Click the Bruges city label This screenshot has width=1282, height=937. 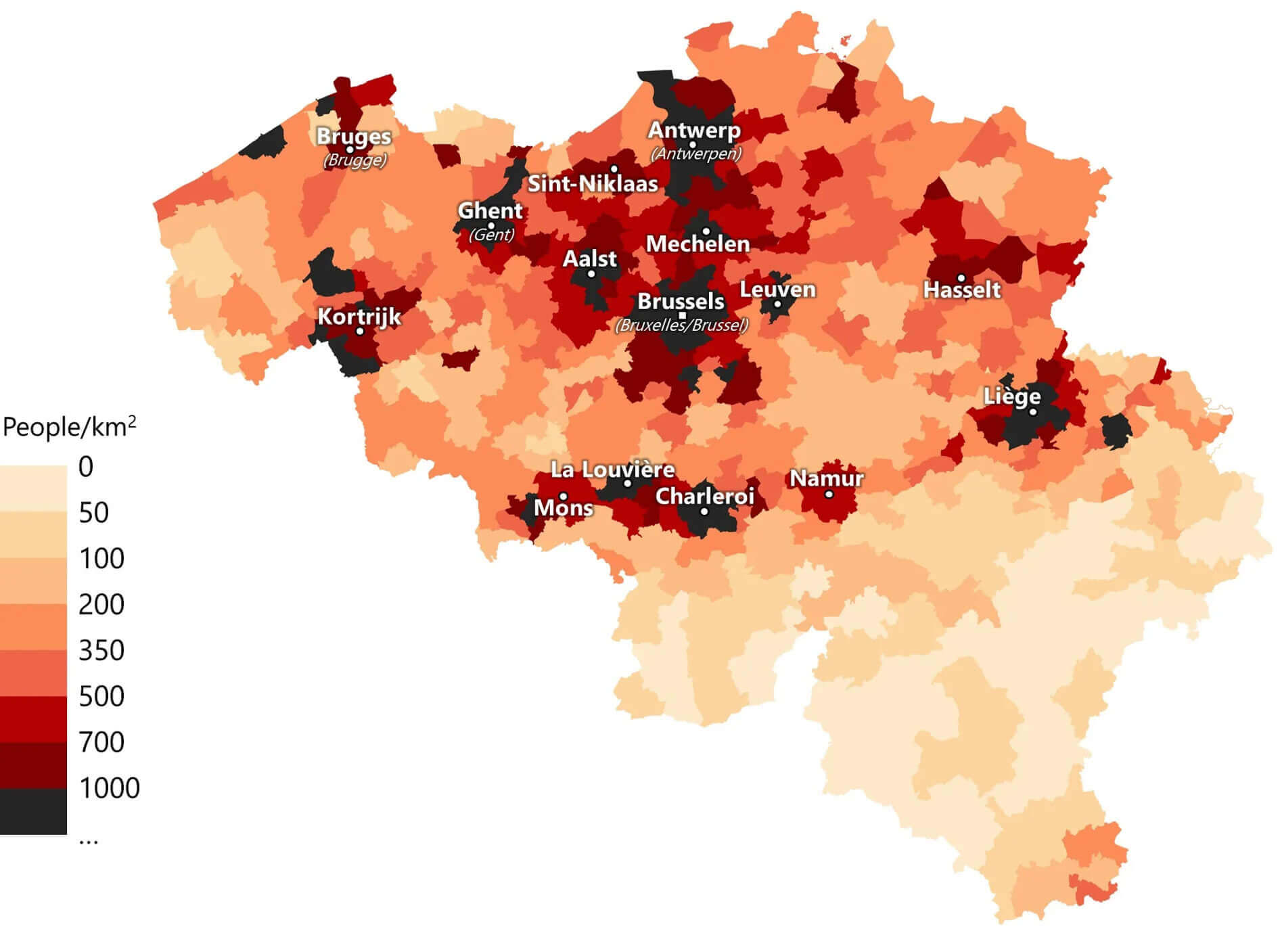pos(354,136)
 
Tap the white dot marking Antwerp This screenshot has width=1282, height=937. pos(692,145)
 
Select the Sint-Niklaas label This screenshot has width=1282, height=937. pos(593,183)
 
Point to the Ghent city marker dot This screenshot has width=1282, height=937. pos(491,226)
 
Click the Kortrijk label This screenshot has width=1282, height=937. pos(359,316)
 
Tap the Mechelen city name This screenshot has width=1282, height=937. pos(697,244)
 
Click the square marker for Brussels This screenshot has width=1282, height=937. pos(683,315)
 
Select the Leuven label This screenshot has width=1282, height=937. pos(777,289)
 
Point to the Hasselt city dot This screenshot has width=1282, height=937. pos(961,278)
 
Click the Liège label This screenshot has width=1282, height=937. pos(1011,396)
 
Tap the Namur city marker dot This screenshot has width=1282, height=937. pos(829,495)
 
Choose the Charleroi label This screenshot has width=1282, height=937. pos(704,496)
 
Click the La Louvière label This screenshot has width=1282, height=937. pos(612,469)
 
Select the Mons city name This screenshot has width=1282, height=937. pos(563,507)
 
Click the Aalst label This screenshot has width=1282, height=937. pos(589,258)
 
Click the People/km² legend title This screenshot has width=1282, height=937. pos(70,427)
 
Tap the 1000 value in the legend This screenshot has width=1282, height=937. pos(109,788)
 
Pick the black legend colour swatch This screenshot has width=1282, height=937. pos(33,811)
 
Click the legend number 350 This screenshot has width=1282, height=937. pos(101,650)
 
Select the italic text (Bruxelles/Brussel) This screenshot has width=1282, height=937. pos(681,325)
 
